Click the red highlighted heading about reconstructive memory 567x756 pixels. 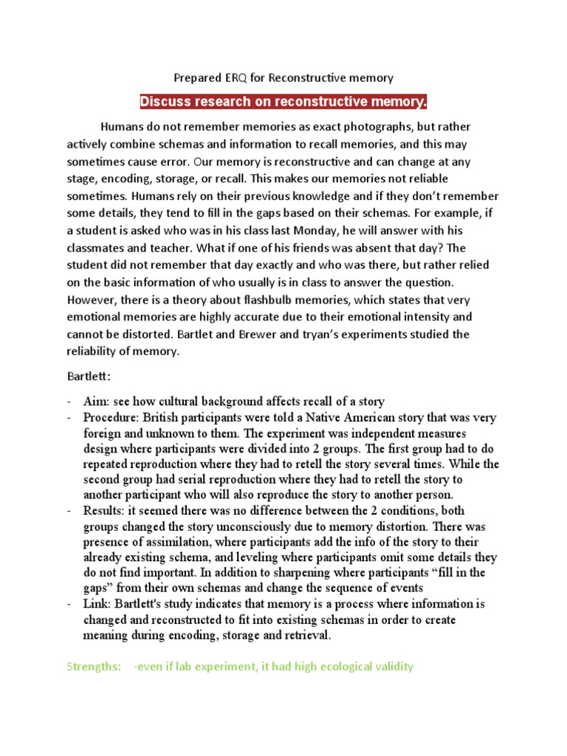283,101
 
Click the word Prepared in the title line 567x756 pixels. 195,77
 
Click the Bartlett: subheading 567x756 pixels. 88,377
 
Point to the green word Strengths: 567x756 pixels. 94,667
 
